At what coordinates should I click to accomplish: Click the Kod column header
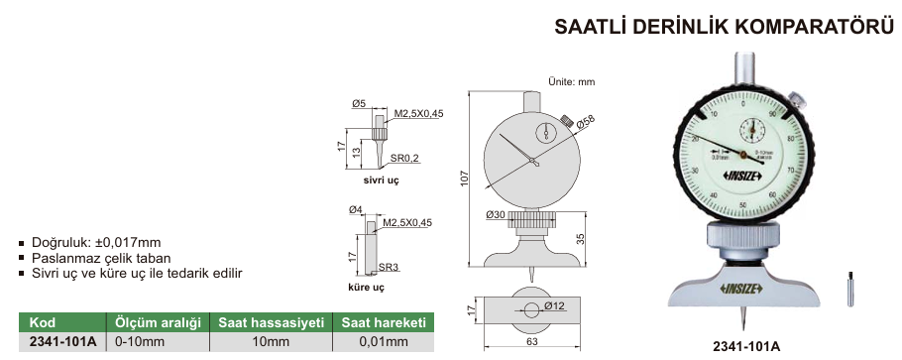coord(42,323)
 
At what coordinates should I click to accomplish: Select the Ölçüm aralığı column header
coord(158,323)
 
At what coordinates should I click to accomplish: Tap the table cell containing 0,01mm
coord(385,342)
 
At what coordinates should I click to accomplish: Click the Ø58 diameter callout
coord(586,124)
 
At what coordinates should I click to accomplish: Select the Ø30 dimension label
coord(497,215)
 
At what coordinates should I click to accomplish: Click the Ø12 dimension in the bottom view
coord(554,306)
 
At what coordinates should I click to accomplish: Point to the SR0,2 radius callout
coord(404,159)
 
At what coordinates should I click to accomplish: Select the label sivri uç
coord(380,181)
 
